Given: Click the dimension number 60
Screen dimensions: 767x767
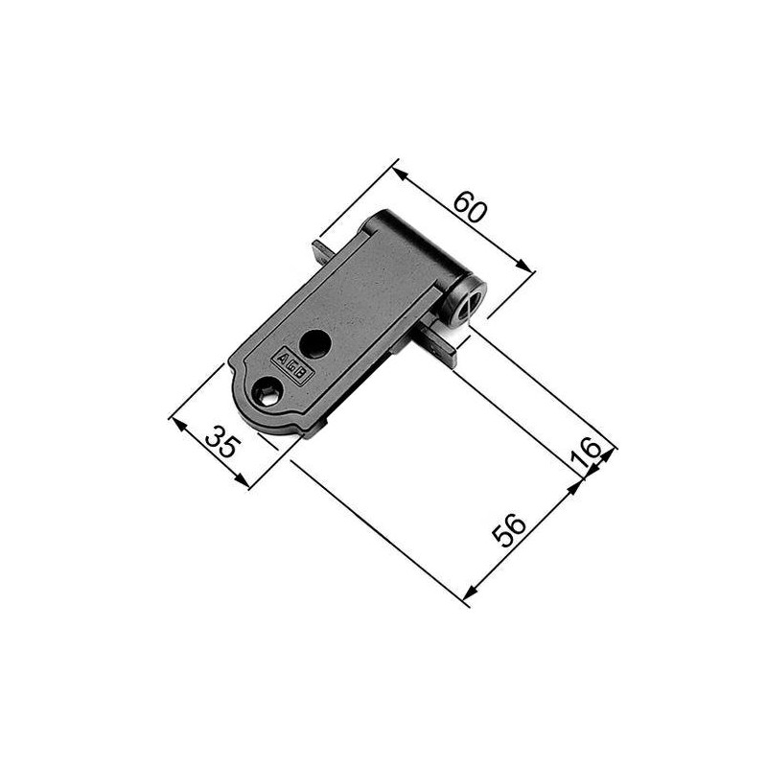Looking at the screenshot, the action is pos(470,207).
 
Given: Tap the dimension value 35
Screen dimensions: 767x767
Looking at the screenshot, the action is pos(223,442).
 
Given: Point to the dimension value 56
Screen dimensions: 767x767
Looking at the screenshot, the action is pos(509,530).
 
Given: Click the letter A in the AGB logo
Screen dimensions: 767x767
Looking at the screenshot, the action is pos(281,359).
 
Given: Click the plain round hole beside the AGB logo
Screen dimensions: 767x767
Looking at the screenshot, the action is pos(314,344).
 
